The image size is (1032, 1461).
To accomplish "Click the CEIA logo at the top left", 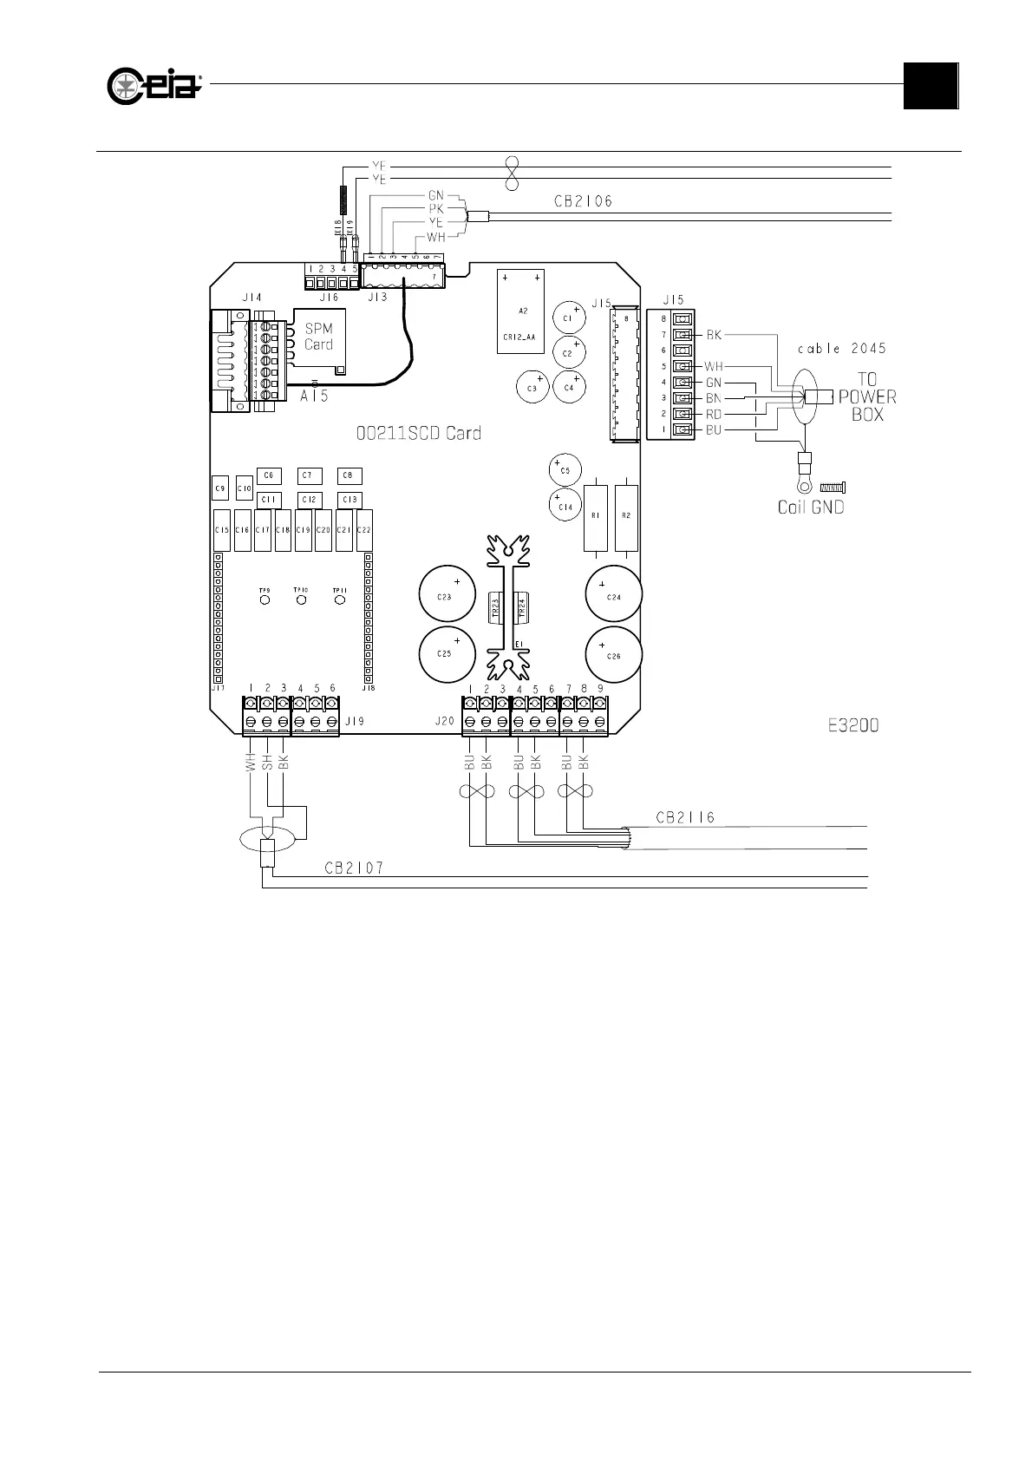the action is pos(154,85).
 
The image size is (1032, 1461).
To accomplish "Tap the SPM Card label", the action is pos(318,337).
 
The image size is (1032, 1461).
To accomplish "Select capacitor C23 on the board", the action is pos(447,597).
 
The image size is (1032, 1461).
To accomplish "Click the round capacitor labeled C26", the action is pos(614,655).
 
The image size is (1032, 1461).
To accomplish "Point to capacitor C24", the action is pos(614,597).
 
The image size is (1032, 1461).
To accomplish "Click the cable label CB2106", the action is pos(583,201).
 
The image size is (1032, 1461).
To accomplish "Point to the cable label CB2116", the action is pos(685,817).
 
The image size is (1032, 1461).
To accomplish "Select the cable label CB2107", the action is pos(354,867).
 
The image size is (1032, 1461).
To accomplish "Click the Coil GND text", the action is pos(810,507).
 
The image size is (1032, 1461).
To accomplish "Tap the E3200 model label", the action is pos(853,725).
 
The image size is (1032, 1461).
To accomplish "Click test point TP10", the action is pos(302,599).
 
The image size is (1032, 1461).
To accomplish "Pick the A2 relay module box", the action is pos(522,311).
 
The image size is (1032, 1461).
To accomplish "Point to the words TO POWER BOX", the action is pos(866,396).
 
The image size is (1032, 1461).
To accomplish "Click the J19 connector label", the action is pos(354,721).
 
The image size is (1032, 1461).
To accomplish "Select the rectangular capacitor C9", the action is pos(220,489).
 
